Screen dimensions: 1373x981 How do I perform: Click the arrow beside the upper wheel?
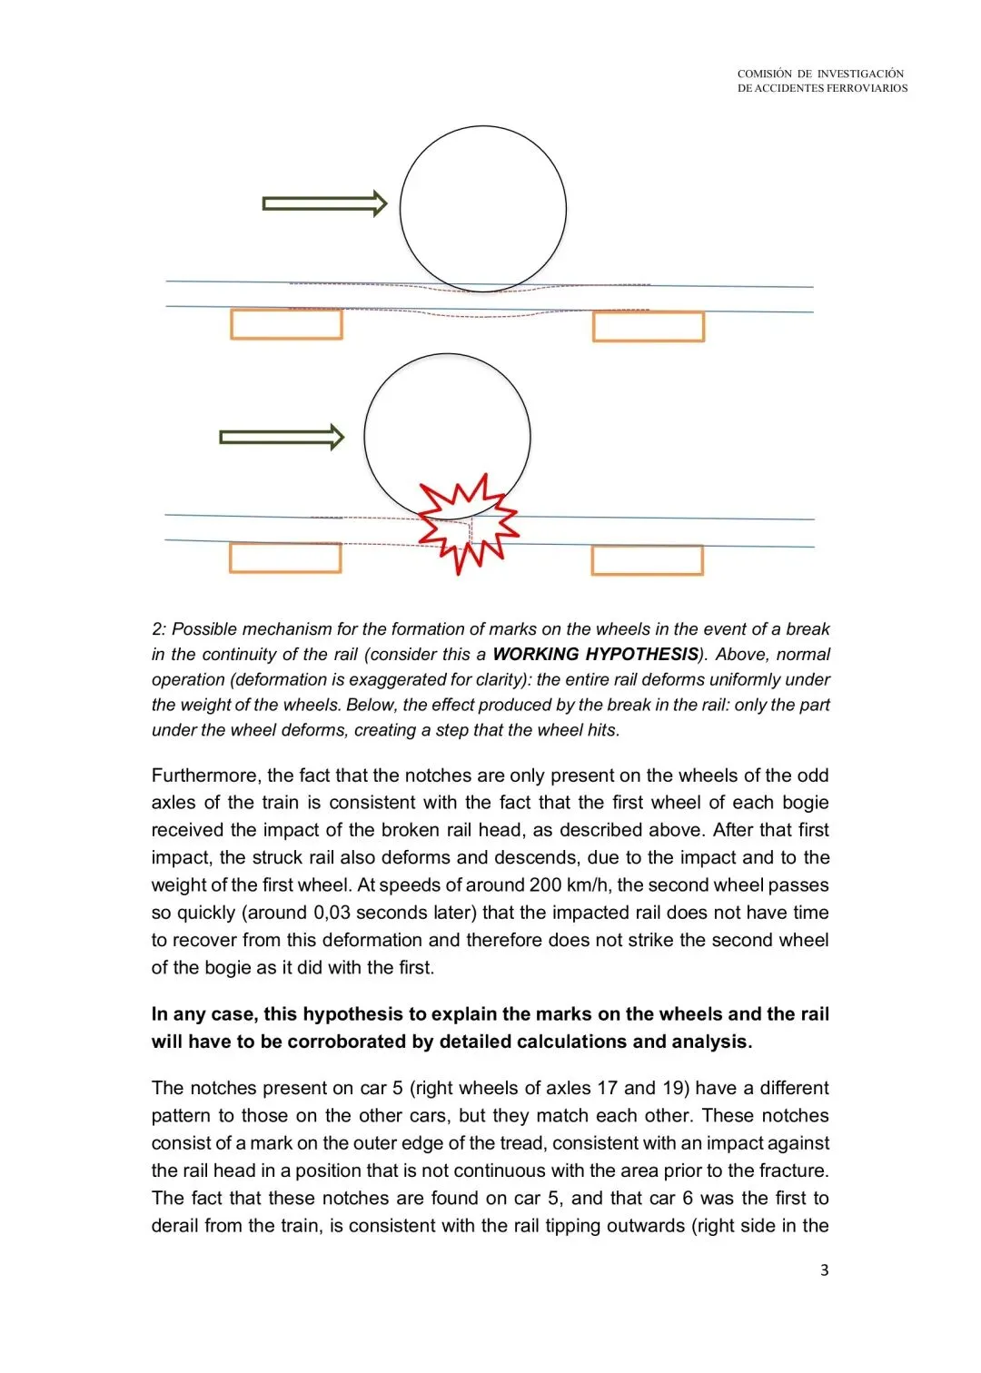(x=324, y=203)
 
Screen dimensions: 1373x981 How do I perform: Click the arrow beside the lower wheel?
(x=282, y=438)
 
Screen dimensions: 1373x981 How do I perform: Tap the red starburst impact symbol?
(x=468, y=524)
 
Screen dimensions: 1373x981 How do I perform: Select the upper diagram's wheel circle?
(x=483, y=209)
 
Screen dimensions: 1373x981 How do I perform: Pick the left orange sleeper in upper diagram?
(x=286, y=324)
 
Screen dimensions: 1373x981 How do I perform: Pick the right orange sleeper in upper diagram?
(x=648, y=327)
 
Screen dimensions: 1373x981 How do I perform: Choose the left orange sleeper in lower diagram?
(x=285, y=558)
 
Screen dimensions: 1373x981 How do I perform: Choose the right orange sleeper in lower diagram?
(x=647, y=560)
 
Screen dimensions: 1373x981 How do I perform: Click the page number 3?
(x=824, y=1270)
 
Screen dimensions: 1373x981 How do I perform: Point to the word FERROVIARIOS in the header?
(x=867, y=88)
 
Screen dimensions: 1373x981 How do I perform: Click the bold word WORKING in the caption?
(x=535, y=655)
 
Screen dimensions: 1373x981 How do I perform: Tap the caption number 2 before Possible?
(x=157, y=629)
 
